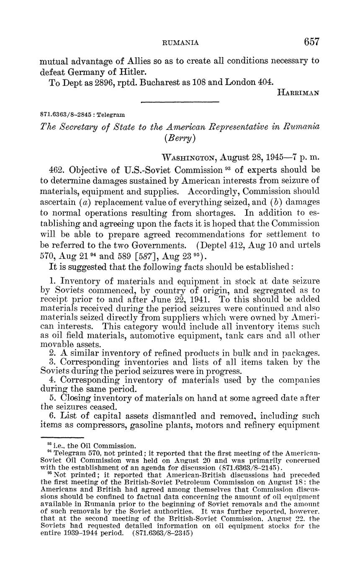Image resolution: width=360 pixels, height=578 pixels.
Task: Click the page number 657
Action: tap(312, 41)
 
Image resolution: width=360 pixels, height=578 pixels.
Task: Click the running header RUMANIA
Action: tap(180, 42)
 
